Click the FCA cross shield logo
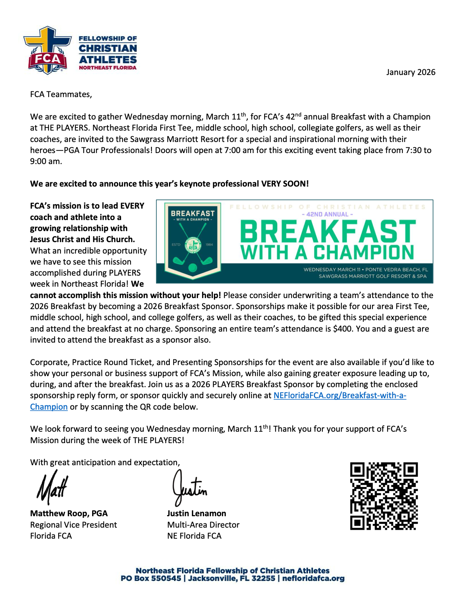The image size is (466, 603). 47,50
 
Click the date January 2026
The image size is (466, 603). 410,72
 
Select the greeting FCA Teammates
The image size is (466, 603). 61,94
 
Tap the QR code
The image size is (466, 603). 384,496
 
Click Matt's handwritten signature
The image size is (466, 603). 52,487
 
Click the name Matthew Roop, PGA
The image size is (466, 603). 69,514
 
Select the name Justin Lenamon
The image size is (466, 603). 196,514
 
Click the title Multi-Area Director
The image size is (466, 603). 203,525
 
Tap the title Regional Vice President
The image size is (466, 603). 73,525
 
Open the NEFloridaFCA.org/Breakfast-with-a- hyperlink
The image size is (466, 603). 340,396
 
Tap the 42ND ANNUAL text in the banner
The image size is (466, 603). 327,214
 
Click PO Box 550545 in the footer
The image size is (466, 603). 151,579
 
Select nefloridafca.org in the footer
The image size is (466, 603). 313,579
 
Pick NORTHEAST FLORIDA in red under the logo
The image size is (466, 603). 107,68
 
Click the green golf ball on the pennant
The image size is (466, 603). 193,268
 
